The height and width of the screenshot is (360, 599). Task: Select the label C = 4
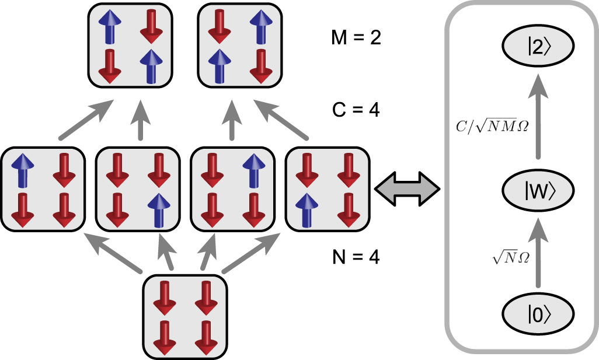tap(354, 109)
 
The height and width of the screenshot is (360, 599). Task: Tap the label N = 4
tap(354, 257)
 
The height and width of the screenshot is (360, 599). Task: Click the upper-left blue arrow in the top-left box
tap(109, 27)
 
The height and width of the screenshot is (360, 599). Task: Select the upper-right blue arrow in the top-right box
tap(257, 27)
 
